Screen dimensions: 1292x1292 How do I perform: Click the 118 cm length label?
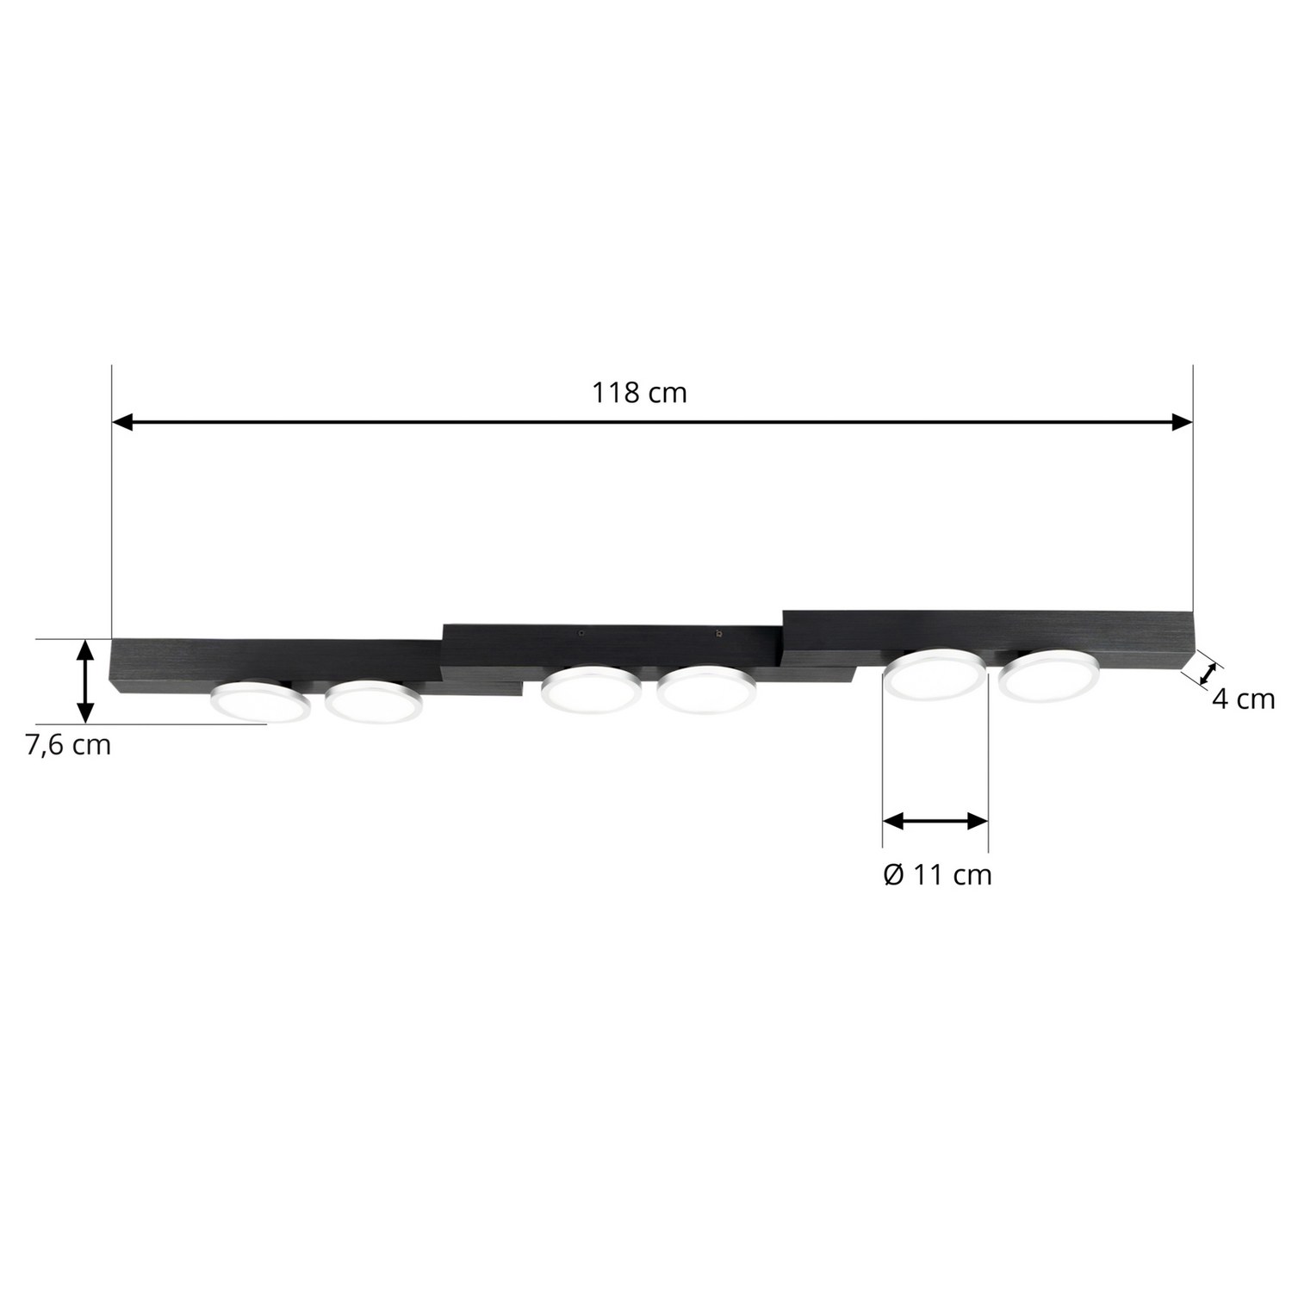click(x=639, y=393)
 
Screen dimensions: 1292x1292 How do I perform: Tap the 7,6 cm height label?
click(x=68, y=744)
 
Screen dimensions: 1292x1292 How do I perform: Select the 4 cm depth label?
click(x=1242, y=699)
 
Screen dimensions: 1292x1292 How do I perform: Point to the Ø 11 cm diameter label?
click(x=937, y=875)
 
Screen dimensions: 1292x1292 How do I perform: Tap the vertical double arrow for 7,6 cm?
click(x=84, y=680)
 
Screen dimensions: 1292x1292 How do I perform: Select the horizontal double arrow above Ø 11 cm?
click(x=935, y=821)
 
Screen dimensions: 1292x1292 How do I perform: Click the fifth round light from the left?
click(x=935, y=674)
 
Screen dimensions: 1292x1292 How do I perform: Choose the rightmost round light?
click(x=1049, y=674)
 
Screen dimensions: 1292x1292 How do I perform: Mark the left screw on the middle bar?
click(x=581, y=632)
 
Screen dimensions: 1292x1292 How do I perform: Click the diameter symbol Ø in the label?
click(x=893, y=875)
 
